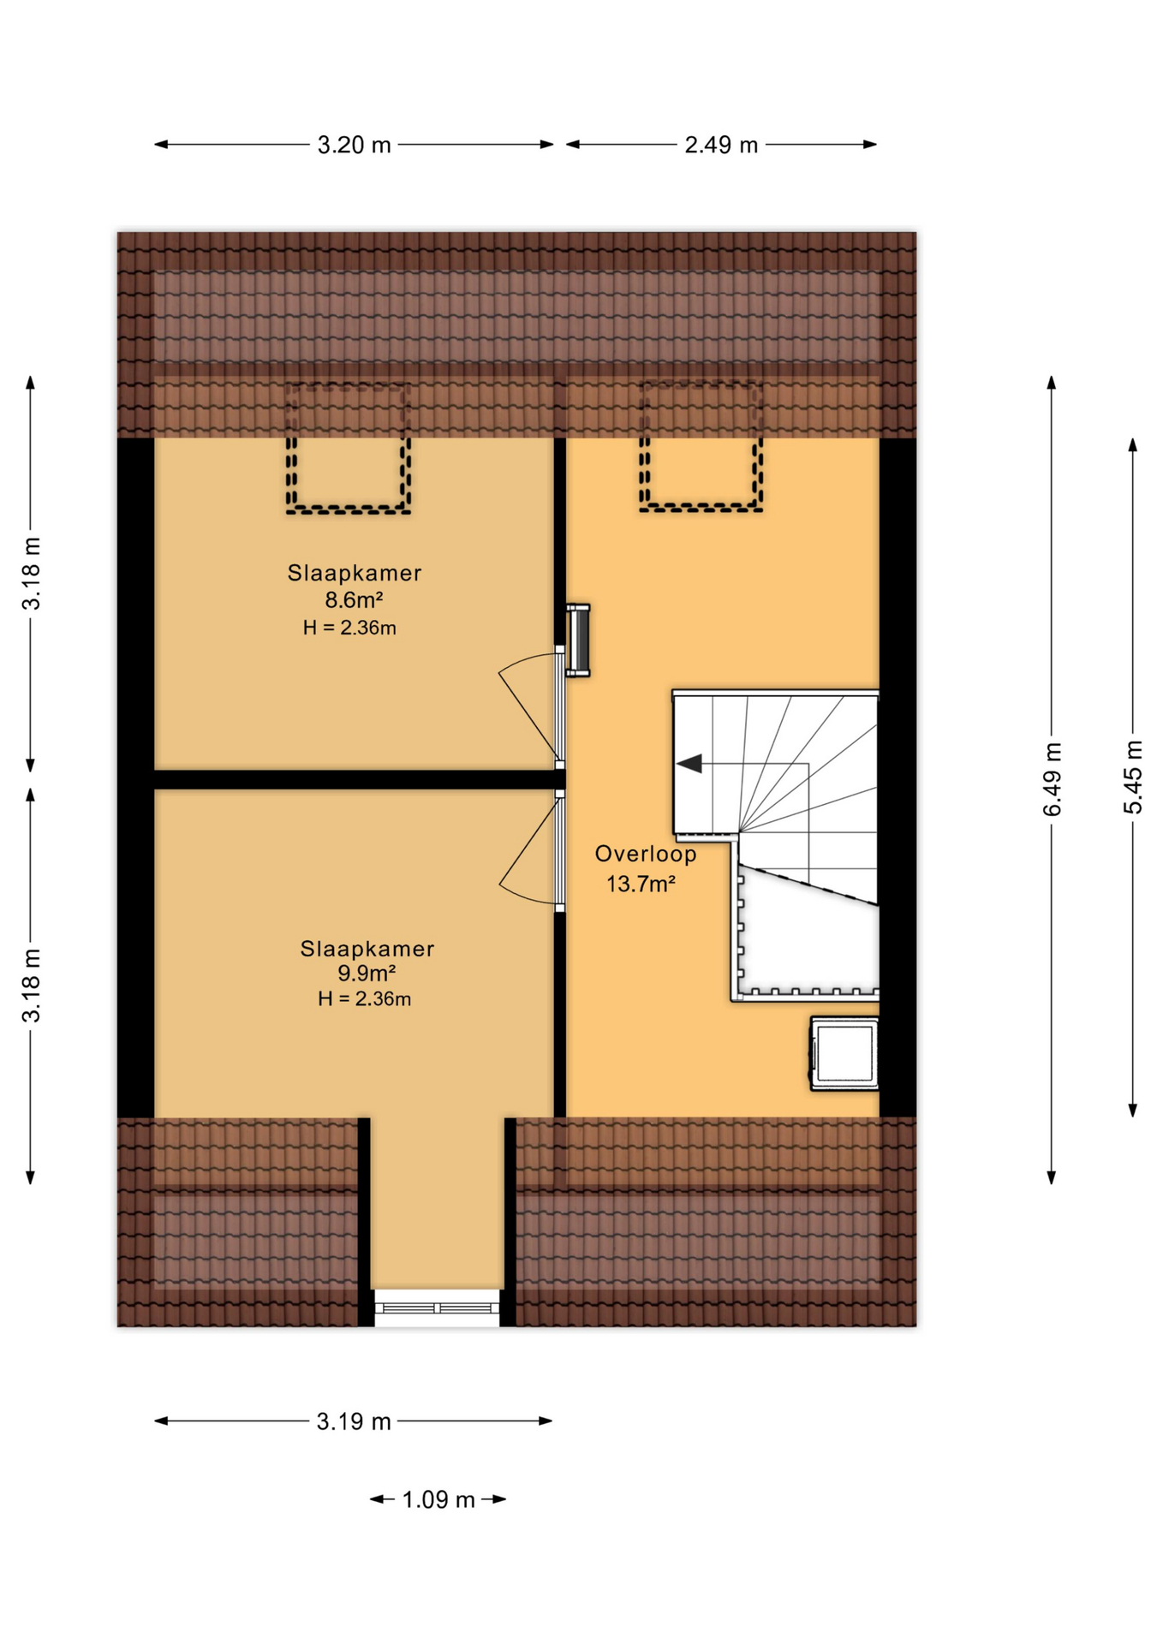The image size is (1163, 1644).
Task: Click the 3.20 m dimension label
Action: [354, 146]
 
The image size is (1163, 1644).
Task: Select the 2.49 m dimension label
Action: [721, 146]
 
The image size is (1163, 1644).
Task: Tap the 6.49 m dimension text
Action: [1053, 779]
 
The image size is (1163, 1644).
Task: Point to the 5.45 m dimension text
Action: [1133, 777]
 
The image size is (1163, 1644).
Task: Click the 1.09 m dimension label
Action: [438, 1499]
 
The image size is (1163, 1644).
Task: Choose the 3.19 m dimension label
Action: [354, 1421]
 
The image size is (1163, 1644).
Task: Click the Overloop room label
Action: [646, 854]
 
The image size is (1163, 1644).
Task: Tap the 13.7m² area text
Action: [641, 883]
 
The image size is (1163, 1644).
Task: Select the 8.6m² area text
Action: [353, 599]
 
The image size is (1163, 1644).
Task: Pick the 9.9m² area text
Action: [367, 973]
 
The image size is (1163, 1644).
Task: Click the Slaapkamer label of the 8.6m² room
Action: [355, 573]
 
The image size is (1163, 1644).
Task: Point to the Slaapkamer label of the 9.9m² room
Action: [367, 948]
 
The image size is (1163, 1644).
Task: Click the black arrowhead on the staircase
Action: [689, 763]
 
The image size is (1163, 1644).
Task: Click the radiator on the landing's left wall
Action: [578, 640]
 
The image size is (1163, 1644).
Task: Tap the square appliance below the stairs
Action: [844, 1054]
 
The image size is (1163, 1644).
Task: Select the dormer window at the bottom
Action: [437, 1307]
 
